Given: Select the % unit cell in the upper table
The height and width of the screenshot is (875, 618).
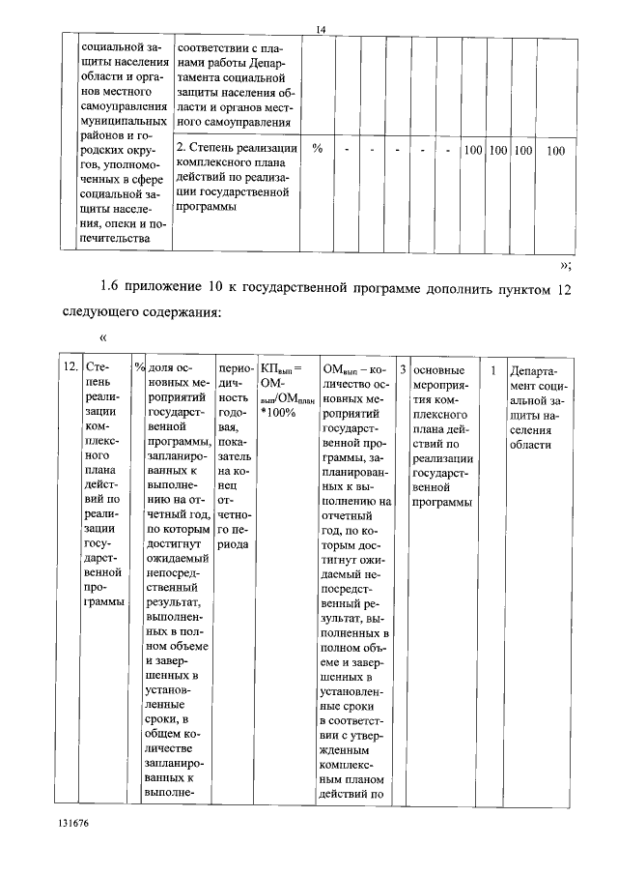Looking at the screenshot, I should pyautogui.click(x=317, y=150).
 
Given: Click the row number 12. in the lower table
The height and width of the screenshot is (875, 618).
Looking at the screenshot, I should pyautogui.click(x=70, y=368).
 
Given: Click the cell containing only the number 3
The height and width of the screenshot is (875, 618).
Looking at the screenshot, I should pyautogui.click(x=403, y=368).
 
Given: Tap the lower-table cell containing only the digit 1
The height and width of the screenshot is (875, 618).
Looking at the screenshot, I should pyautogui.click(x=493, y=368).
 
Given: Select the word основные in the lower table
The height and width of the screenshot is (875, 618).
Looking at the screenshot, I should pyautogui.click(x=437, y=368).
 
